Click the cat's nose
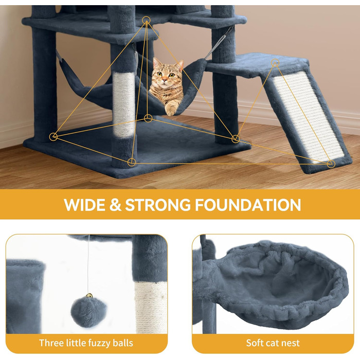pos(165,80)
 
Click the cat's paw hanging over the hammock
pos(171,109)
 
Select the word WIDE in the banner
pos(84,205)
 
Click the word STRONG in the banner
pos(158,205)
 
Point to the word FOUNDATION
pos(248,205)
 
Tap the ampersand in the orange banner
pos(115,205)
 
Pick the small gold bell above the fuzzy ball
pos(89,296)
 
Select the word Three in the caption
pos(51,343)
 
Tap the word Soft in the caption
pos(255,343)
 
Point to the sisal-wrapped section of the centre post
pos(124,104)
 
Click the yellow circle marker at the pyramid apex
pos(146,20)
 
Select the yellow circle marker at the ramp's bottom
pos(331,164)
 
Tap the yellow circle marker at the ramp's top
pos(275,63)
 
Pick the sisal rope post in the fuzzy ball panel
pos(151,307)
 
